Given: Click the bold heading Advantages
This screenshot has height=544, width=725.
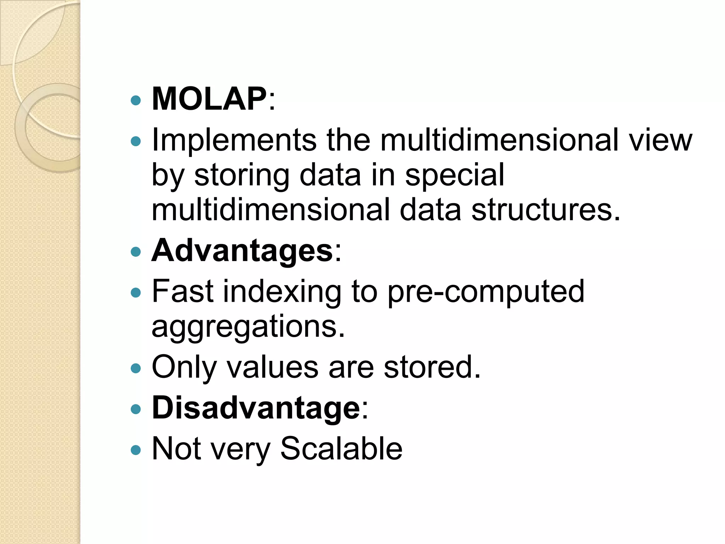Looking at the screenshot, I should coord(242,251).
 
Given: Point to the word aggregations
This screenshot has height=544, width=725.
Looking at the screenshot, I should coord(248,327).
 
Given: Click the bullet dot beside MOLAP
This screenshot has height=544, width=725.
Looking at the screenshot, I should coord(136,101).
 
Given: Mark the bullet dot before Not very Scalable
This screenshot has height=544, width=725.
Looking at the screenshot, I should coord(136,450).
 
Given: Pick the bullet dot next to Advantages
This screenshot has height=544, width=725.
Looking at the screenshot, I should coord(136,252).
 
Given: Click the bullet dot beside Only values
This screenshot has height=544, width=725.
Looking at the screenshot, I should coord(136,369).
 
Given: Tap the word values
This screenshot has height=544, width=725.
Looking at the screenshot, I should coord(272,367).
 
